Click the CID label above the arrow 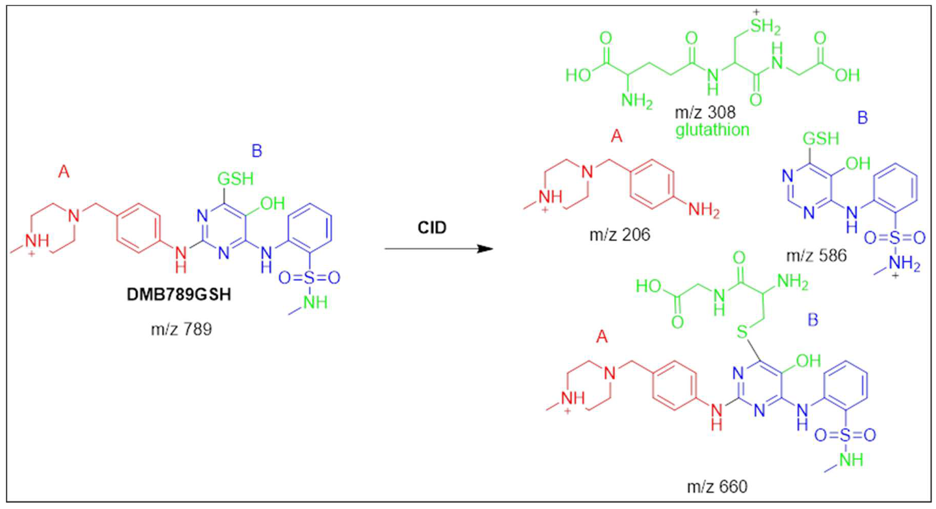(432, 228)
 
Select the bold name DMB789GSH (179, 295)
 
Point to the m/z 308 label (705, 112)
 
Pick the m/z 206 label (619, 235)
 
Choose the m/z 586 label (816, 256)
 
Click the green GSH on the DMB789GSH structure (235, 179)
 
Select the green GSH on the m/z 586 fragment (821, 138)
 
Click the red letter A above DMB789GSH (64, 172)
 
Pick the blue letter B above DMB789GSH (257, 151)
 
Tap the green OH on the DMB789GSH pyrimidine (272, 203)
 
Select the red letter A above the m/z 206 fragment (617, 137)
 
